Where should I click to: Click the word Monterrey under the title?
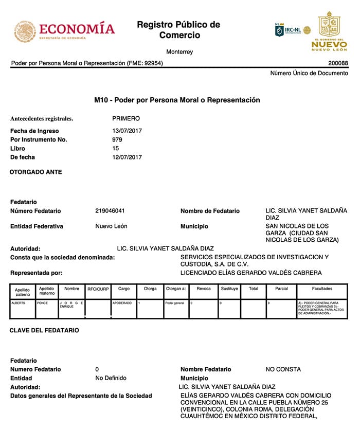pyautogui.click(x=179, y=52)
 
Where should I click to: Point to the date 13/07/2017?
pyautogui.click(x=127, y=131)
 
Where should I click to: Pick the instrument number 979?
pyautogui.click(x=117, y=139)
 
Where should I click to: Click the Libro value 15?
pyautogui.click(x=116, y=148)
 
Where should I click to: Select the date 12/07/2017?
pyautogui.click(x=127, y=157)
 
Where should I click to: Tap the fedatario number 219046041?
pyautogui.click(x=110, y=211)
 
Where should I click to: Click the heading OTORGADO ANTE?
pyautogui.click(x=36, y=172)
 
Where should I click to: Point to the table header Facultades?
pyautogui.click(x=322, y=289)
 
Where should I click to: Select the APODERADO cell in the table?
pyautogui.click(x=122, y=303)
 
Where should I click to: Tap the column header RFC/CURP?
pyautogui.click(x=98, y=289)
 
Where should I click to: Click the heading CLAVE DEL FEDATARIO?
pyautogui.click(x=44, y=330)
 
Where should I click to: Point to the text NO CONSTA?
pyautogui.click(x=283, y=369)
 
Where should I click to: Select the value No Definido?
pyautogui.click(x=111, y=378)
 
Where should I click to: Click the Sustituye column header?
pyautogui.click(x=229, y=289)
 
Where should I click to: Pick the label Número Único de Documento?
pyautogui.click(x=309, y=73)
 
